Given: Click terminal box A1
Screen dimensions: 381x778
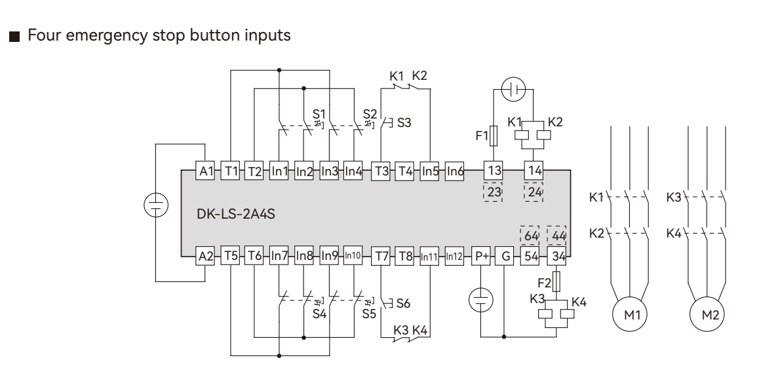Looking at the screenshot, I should (x=206, y=171).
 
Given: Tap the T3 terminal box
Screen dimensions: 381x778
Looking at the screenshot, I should (x=380, y=171).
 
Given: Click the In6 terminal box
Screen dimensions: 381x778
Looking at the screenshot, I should (x=455, y=171).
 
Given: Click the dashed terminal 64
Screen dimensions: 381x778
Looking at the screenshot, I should (x=530, y=235).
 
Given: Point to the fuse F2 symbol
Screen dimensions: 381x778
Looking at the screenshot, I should (x=556, y=283).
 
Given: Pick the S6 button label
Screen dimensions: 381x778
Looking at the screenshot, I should (x=403, y=303).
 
